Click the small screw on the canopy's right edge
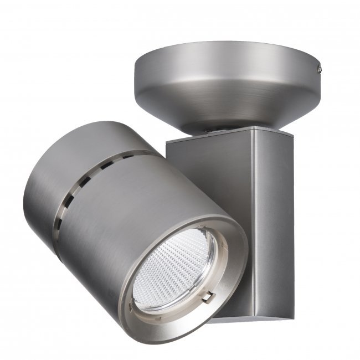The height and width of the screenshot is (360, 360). point(320,69)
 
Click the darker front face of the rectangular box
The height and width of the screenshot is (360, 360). point(210,166)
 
